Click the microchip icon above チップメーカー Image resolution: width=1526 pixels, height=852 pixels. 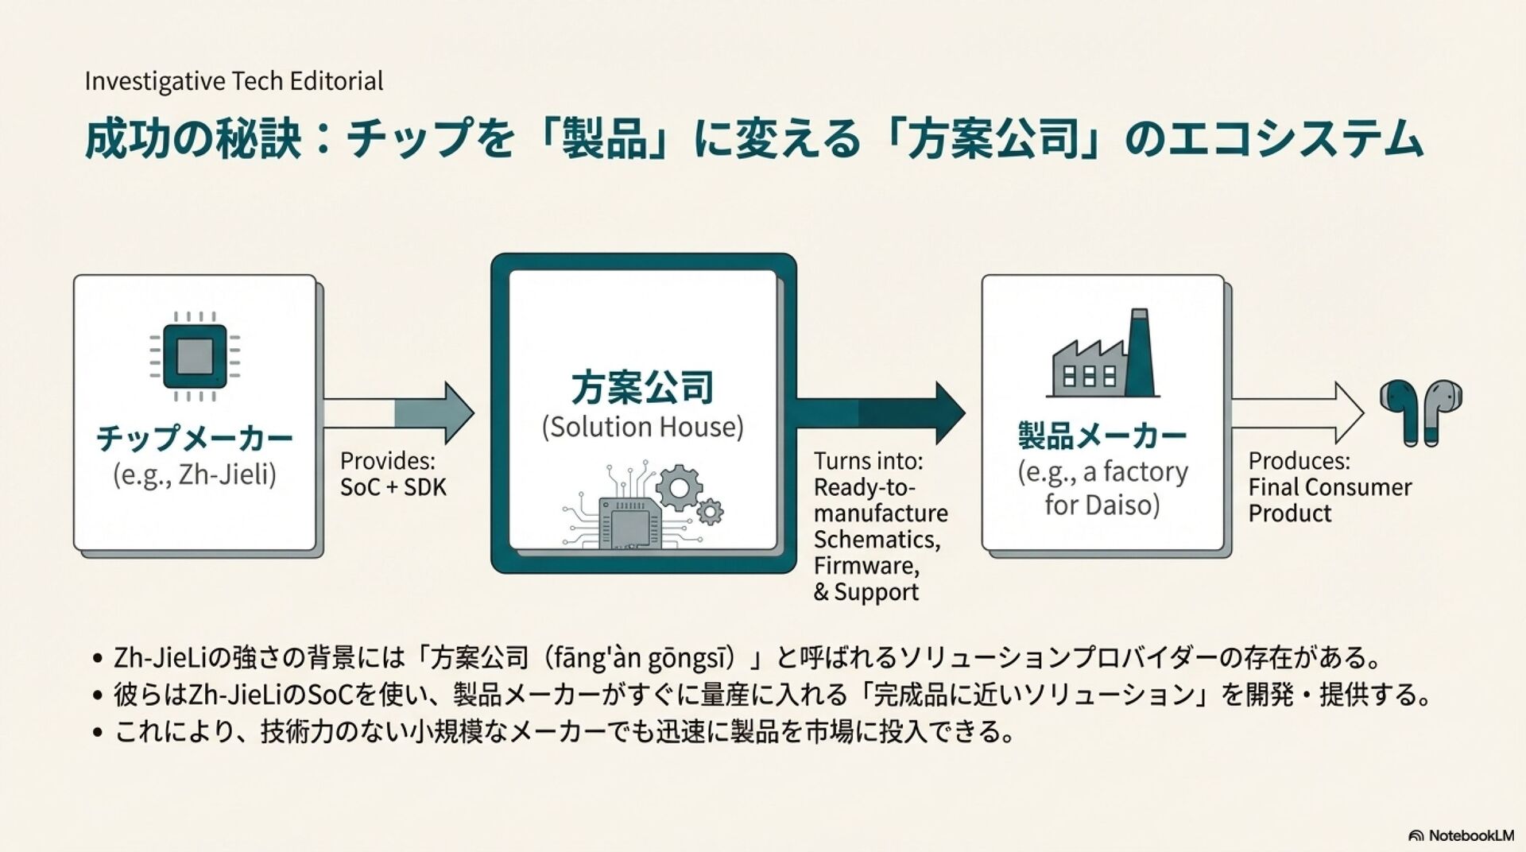[195, 356]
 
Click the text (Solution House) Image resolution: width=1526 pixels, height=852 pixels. [642, 427]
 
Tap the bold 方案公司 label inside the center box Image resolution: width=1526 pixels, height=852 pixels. [642, 387]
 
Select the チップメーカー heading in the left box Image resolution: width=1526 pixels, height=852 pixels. [195, 438]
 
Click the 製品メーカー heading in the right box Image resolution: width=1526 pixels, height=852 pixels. [1102, 436]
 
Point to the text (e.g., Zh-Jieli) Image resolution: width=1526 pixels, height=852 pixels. [195, 474]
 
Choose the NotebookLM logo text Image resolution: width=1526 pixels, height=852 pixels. [1470, 835]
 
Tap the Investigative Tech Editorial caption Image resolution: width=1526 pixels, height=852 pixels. [234, 81]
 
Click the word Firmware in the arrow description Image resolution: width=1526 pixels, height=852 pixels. [865, 566]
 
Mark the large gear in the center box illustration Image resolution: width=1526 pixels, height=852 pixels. [678, 487]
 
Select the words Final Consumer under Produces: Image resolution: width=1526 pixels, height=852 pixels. [1330, 487]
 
